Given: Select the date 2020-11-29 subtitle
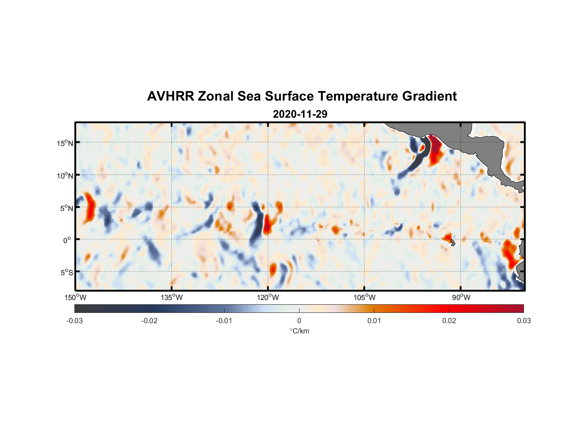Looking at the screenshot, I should point(300,114).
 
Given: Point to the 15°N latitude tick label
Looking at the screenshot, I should point(65,143).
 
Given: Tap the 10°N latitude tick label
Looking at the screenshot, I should point(65,175).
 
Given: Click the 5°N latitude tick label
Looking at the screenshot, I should point(66,208).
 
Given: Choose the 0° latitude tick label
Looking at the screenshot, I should point(67,240).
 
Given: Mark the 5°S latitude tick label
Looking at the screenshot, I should point(66,273).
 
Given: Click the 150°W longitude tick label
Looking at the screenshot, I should point(75,297).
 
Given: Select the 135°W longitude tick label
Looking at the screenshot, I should point(172,297).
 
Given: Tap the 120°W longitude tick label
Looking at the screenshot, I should point(268,297).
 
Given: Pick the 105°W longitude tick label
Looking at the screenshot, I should point(364,297).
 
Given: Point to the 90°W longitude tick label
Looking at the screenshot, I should point(461,297).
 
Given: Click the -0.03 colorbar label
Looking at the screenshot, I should point(74,321).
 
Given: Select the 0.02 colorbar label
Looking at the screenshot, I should point(449,321).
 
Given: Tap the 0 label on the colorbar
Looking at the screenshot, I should point(299,321).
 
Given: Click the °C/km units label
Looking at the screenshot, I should point(299,331).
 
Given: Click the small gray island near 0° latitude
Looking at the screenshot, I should point(453,242).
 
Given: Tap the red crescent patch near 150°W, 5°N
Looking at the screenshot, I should point(90,208).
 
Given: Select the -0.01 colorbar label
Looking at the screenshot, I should point(224,321).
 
